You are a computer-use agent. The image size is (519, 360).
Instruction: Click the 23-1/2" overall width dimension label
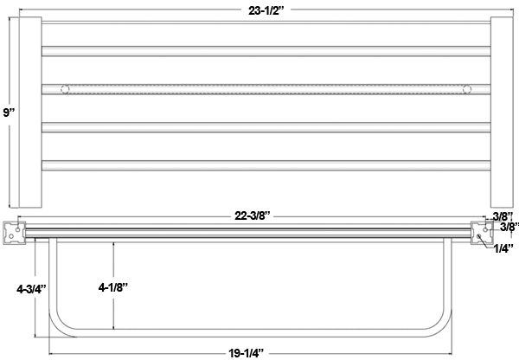point(266,10)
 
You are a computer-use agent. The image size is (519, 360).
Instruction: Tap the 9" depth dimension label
point(9,112)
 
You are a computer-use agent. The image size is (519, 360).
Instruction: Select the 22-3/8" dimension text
point(253,216)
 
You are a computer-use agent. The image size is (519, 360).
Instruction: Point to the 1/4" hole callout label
point(503,248)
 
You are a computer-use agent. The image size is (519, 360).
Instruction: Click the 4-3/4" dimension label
point(31,289)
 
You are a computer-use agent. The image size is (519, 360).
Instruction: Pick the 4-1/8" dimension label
point(112,287)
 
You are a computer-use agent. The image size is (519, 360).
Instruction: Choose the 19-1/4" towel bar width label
point(247,353)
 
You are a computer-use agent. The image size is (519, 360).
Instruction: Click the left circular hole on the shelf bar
point(65,89)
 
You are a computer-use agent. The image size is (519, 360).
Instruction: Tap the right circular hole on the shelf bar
point(467,89)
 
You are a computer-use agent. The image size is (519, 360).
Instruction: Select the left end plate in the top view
point(30,112)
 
